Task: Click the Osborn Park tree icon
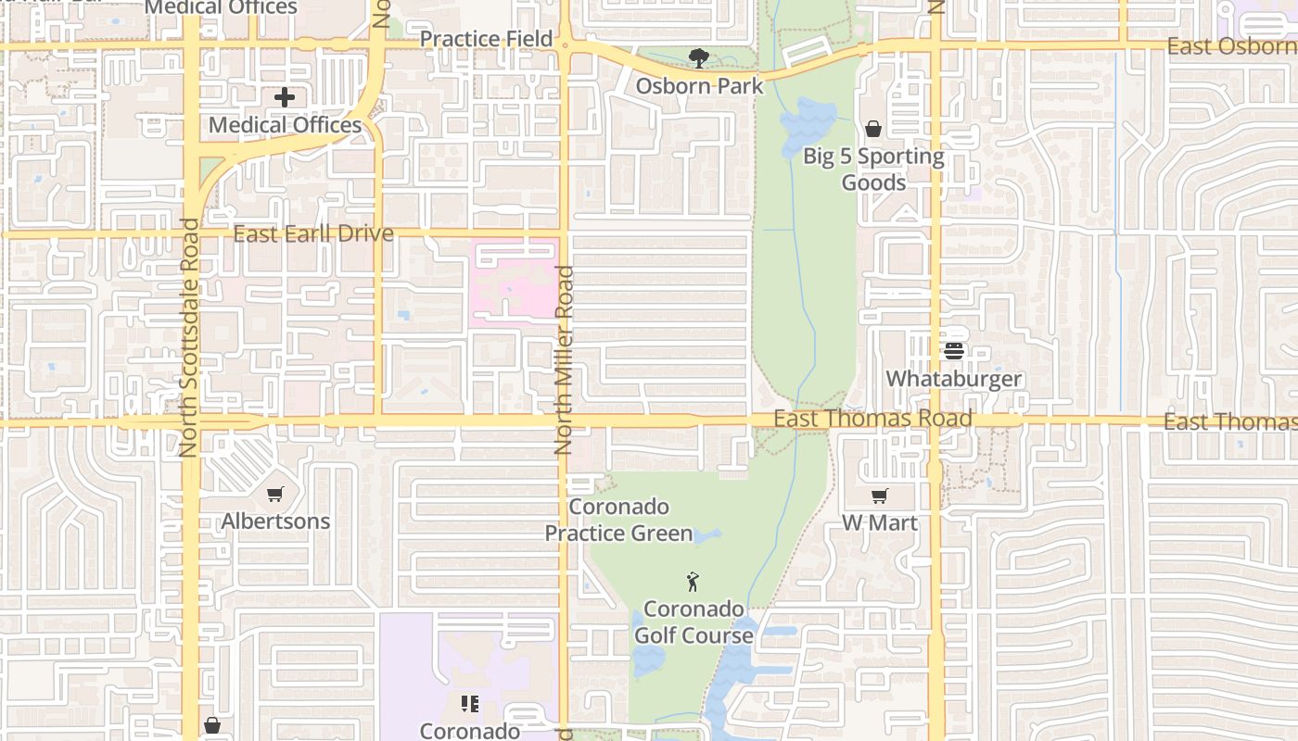point(699,58)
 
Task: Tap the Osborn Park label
point(699,86)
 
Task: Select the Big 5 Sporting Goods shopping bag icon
point(872,129)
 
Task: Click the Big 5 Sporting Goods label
point(873,169)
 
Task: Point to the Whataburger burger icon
point(954,351)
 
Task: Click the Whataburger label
point(954,379)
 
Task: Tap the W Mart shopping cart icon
point(879,496)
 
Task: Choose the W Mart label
point(879,522)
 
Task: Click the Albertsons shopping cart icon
point(274,494)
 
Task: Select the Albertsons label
point(275,521)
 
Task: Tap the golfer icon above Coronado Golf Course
point(693,582)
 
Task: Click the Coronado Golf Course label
point(694,622)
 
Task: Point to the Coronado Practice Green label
point(618,521)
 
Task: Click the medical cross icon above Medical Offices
point(285,96)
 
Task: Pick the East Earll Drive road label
point(313,233)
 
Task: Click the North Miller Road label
point(564,359)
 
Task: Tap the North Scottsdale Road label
point(189,337)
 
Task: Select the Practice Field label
point(486,39)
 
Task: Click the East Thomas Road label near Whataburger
point(872,419)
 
